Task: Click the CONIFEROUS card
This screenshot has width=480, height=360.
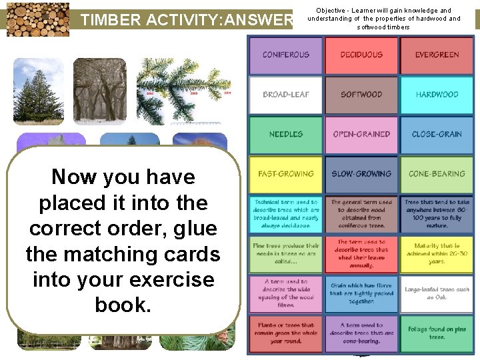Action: click(x=286, y=55)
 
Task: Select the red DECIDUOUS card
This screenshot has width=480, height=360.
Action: click(x=361, y=55)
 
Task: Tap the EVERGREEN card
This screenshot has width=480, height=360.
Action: click(x=437, y=55)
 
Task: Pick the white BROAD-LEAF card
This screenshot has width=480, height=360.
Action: click(x=286, y=95)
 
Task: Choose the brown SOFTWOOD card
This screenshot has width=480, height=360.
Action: click(x=361, y=95)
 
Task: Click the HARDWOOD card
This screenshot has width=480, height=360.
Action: click(x=437, y=95)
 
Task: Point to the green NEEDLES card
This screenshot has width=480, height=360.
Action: click(x=286, y=134)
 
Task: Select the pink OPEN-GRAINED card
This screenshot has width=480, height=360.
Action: click(x=361, y=134)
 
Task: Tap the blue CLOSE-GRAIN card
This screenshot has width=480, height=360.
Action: click(x=437, y=134)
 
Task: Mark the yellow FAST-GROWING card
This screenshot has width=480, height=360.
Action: click(x=286, y=174)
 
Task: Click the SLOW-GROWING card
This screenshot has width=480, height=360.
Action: click(x=361, y=174)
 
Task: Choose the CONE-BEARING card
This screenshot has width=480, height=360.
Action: click(x=437, y=174)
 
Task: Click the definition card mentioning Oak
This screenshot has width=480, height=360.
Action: click(x=437, y=293)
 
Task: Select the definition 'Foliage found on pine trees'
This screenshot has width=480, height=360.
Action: click(x=437, y=333)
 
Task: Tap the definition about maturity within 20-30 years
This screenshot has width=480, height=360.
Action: click(x=437, y=253)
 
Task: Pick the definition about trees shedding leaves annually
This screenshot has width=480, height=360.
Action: click(x=361, y=253)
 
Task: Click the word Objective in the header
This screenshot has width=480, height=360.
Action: click(x=332, y=11)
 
